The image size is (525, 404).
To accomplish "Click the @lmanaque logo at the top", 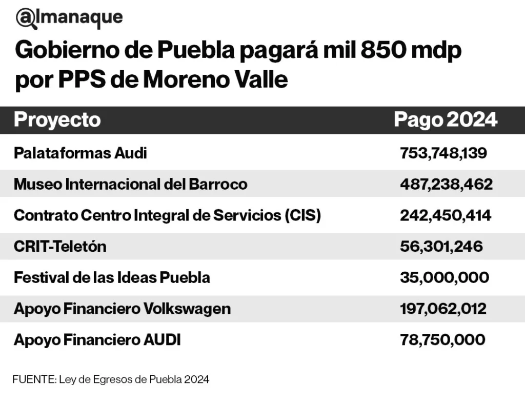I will pyautogui.click(x=69, y=18).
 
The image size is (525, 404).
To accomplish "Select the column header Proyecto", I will pyautogui.click(x=57, y=120).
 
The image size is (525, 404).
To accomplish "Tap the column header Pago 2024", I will pyautogui.click(x=445, y=120).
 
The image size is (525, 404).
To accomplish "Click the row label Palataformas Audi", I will pyautogui.click(x=80, y=153).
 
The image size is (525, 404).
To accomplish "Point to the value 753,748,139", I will pyautogui.click(x=443, y=153).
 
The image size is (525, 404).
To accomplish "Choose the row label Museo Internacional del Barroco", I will pyautogui.click(x=130, y=184).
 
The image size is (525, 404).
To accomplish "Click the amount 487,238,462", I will pyautogui.click(x=446, y=184).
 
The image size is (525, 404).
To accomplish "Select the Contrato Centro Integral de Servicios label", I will pyautogui.click(x=167, y=215).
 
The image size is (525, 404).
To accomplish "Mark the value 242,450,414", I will pyautogui.click(x=446, y=215).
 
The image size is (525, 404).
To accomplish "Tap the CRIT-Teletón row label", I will pyautogui.click(x=60, y=247).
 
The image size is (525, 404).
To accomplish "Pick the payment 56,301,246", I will pyautogui.click(x=441, y=247).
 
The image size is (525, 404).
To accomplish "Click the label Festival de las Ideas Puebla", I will pyautogui.click(x=112, y=278).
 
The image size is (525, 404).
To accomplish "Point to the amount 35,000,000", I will pyautogui.click(x=444, y=278).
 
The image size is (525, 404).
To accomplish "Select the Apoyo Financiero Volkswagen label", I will pyautogui.click(x=122, y=309).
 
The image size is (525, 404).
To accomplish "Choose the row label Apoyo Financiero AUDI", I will pyautogui.click(x=97, y=340).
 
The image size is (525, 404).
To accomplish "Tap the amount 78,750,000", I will pyautogui.click(x=442, y=340).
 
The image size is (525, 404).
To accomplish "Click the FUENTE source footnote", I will pyautogui.click(x=111, y=380).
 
